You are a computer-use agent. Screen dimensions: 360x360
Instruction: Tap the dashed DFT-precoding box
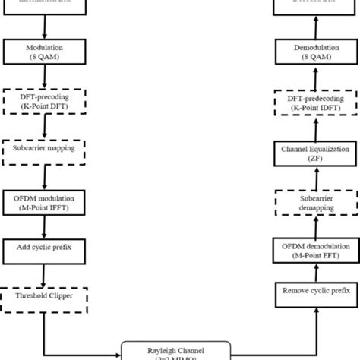[x=45, y=103]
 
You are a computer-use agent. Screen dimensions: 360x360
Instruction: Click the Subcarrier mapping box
[x=45, y=148]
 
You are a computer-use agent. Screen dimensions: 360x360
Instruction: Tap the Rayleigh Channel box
[x=180, y=349]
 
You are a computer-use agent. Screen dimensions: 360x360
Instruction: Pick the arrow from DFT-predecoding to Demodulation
[x=314, y=77]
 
